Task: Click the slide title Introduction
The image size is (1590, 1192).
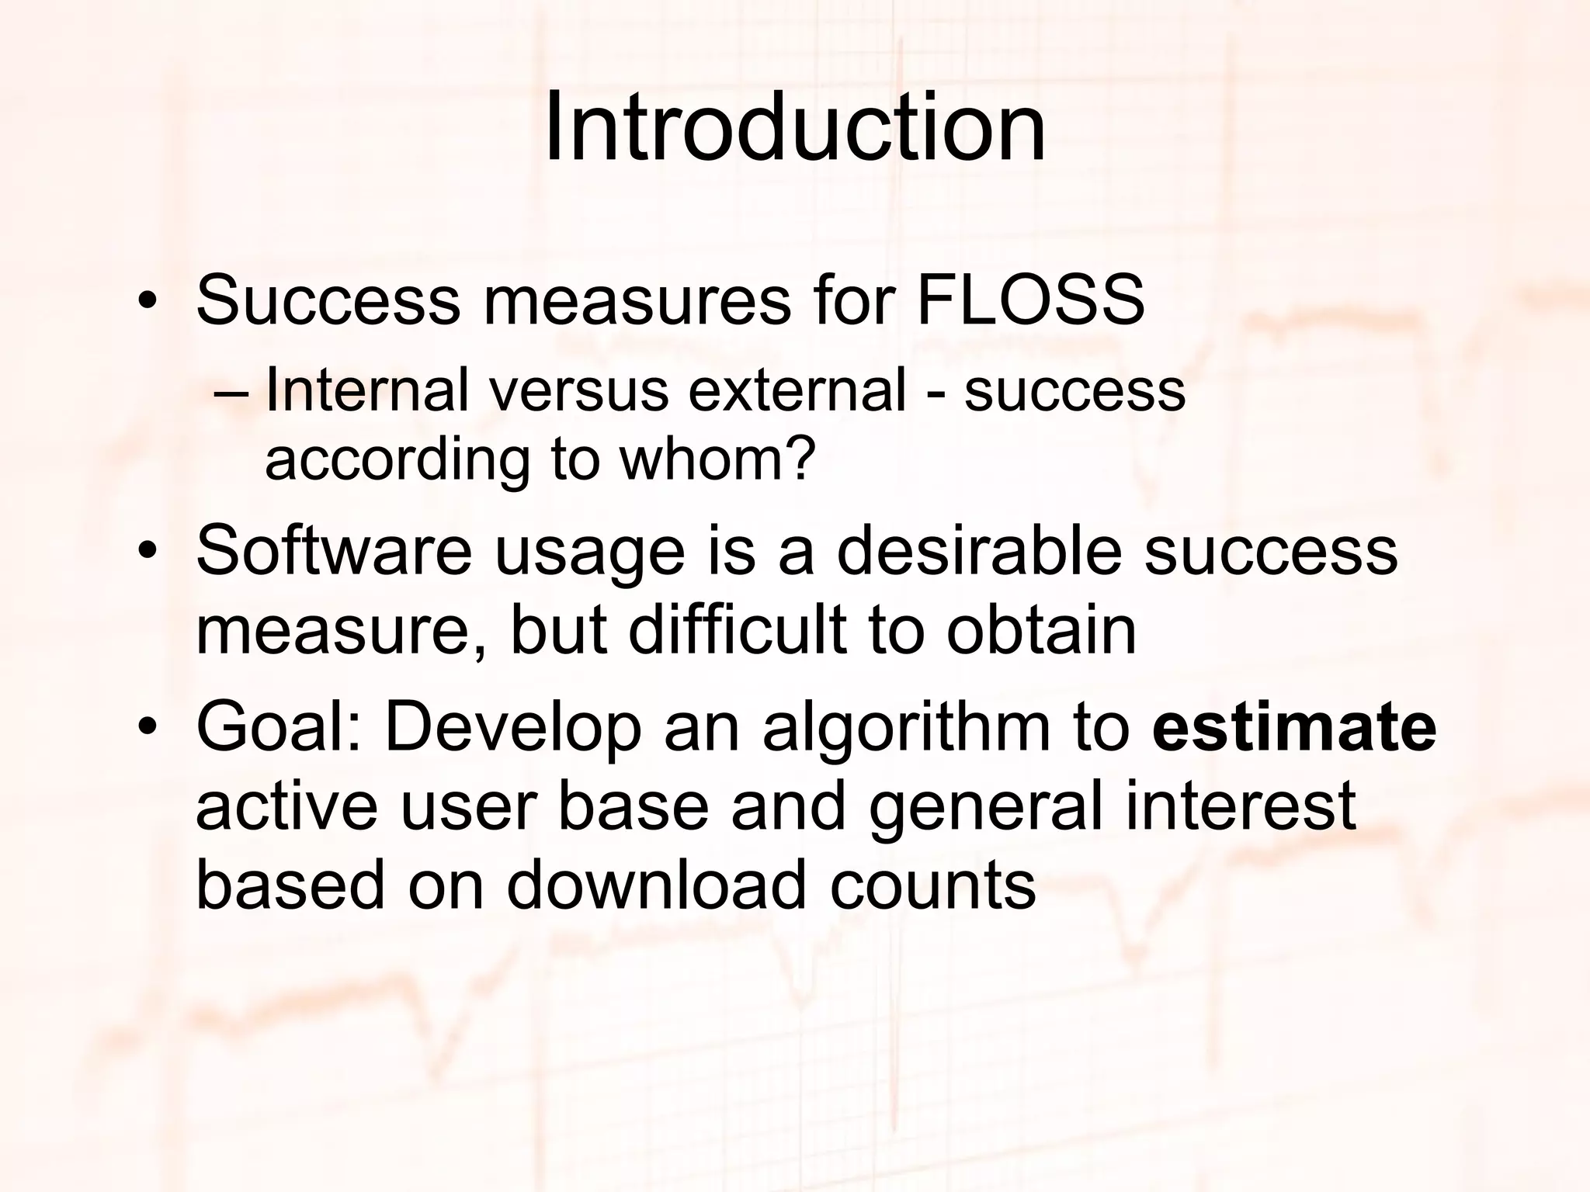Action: (794, 128)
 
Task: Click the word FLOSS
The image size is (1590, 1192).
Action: (1030, 300)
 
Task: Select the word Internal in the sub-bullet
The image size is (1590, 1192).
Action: (366, 390)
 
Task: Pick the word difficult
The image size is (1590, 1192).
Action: (736, 630)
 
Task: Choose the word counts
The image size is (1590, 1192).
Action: (932, 887)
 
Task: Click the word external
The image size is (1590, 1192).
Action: (797, 390)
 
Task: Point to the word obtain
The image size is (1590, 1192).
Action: (1040, 630)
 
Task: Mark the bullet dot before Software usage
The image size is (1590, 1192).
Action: (146, 553)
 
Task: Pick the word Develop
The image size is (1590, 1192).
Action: (513, 729)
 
